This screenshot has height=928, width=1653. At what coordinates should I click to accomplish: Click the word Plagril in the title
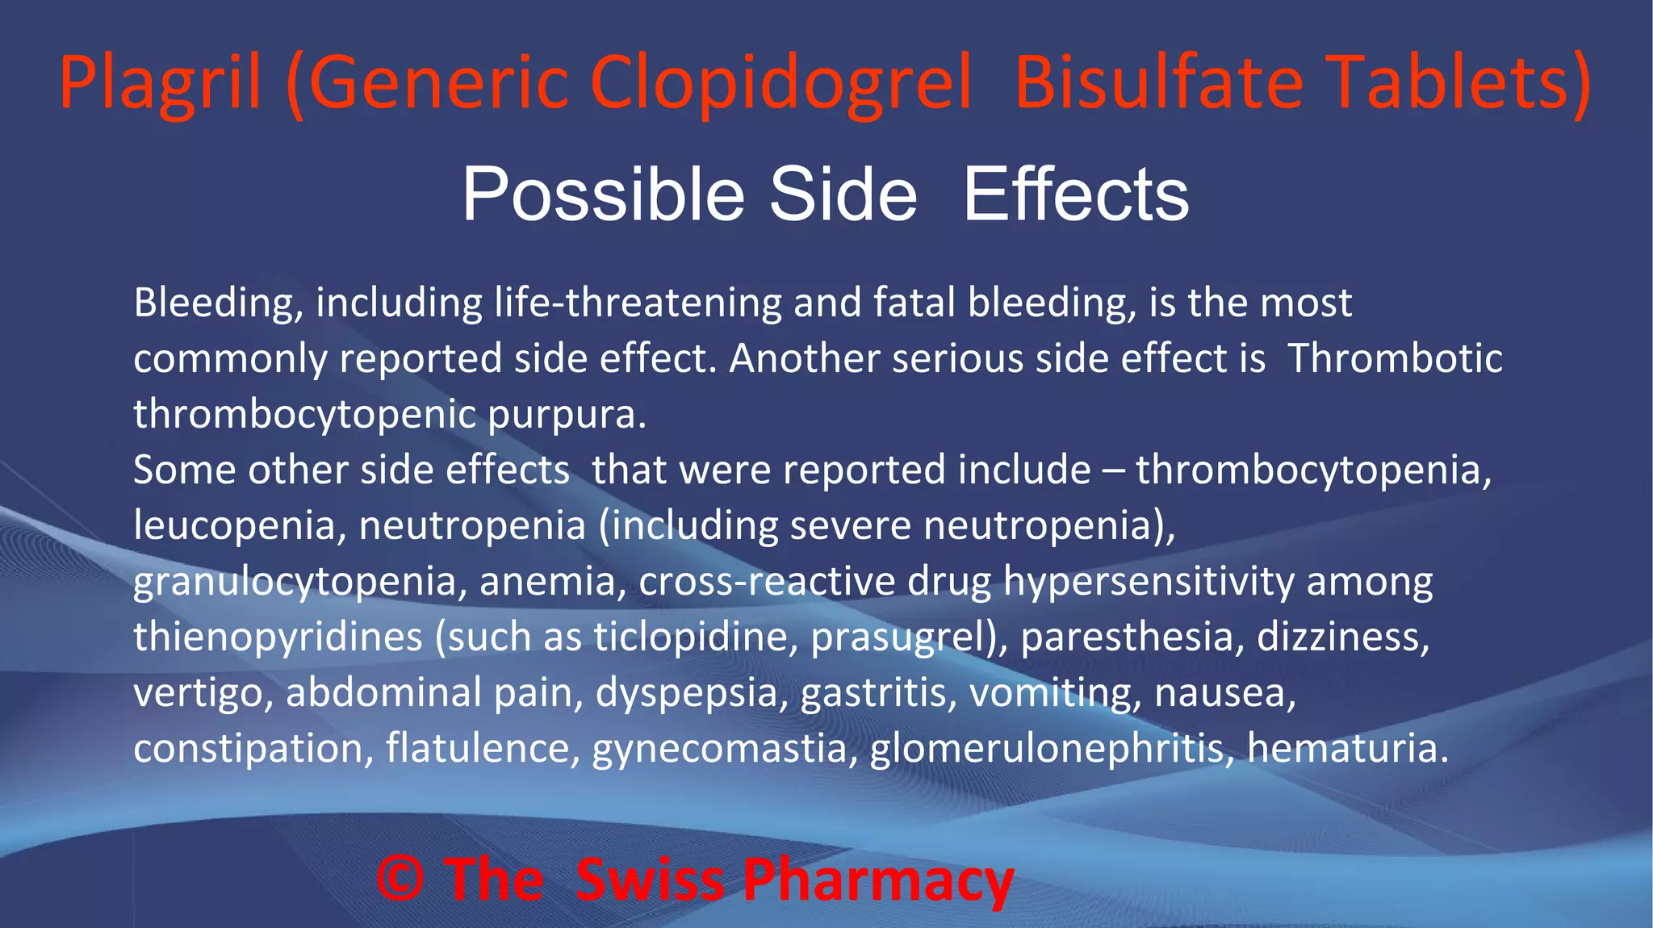pos(160,83)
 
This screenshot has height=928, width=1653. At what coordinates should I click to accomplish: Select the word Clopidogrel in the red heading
pos(780,83)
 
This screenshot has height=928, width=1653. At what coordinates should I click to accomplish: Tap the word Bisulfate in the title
pos(1159,83)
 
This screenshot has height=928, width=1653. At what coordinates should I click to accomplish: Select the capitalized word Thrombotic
pos(1395,358)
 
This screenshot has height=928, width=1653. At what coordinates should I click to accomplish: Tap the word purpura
pos(566,415)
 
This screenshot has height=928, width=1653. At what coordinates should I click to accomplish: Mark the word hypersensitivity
pos(1149,582)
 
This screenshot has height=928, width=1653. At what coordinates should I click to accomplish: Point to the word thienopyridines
pos(278,637)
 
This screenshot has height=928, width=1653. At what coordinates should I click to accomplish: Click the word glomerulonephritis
pos(1052,748)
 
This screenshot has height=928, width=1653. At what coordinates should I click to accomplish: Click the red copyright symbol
pos(400,879)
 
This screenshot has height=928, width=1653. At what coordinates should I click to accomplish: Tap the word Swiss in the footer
pos(651,879)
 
